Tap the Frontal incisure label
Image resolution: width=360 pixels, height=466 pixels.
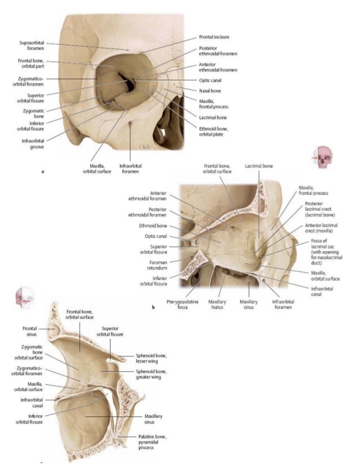click(x=214, y=37)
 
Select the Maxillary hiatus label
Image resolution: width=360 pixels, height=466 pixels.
click(x=217, y=305)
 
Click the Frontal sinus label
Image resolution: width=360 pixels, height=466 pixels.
click(x=30, y=331)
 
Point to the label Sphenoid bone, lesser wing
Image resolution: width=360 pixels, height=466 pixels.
click(x=151, y=358)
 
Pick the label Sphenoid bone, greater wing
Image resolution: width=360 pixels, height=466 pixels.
click(x=151, y=375)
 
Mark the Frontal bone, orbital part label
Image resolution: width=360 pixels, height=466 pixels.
click(x=30, y=63)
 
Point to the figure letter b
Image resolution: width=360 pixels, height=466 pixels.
click(x=153, y=308)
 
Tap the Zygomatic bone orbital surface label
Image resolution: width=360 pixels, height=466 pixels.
click(x=30, y=354)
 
